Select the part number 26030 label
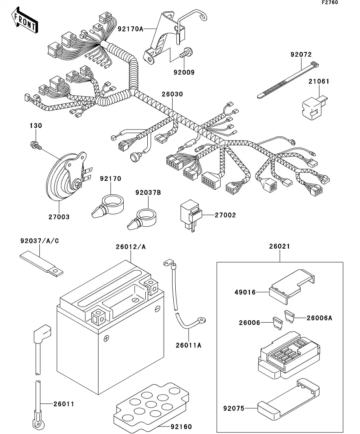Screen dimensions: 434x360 pos(172,94)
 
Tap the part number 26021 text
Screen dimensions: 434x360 pos(280,247)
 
